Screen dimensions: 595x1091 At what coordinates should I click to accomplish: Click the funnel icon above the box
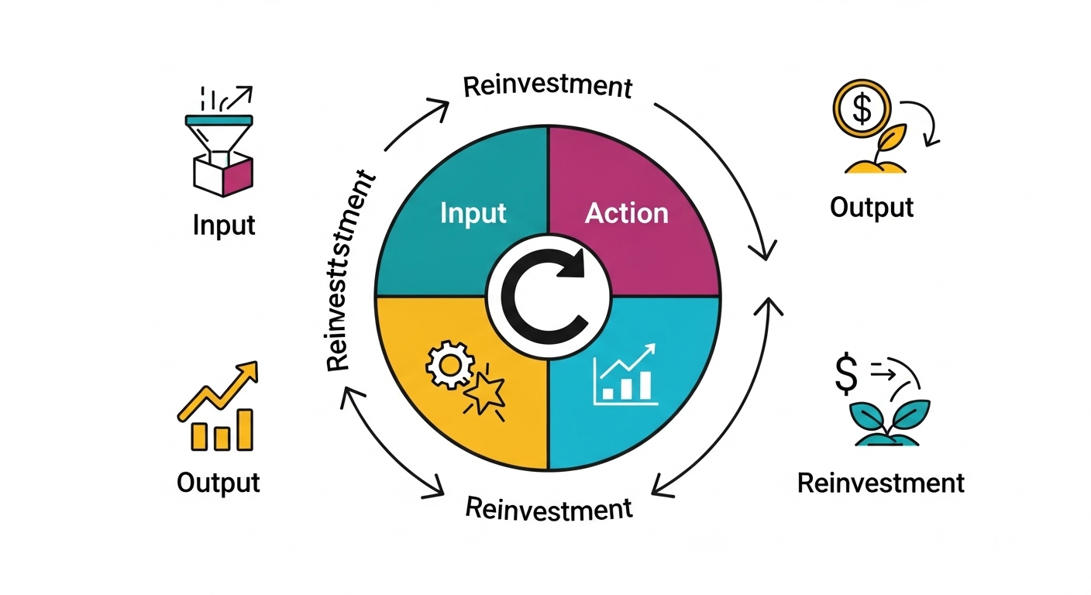(x=218, y=135)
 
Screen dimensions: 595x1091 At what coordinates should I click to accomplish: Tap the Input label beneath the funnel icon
(x=223, y=225)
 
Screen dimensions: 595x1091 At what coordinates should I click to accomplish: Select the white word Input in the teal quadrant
(x=473, y=213)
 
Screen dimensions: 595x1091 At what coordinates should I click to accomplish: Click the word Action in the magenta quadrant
(x=626, y=213)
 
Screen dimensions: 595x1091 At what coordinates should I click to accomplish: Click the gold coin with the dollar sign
(x=861, y=108)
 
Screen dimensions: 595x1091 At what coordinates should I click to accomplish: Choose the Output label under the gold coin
(x=871, y=208)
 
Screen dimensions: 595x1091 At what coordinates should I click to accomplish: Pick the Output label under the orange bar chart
(x=218, y=483)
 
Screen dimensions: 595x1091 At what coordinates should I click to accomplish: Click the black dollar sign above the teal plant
(x=846, y=373)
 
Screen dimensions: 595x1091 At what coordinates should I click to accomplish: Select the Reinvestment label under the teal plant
(x=880, y=483)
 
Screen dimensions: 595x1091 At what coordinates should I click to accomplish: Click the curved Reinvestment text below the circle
(x=549, y=509)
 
